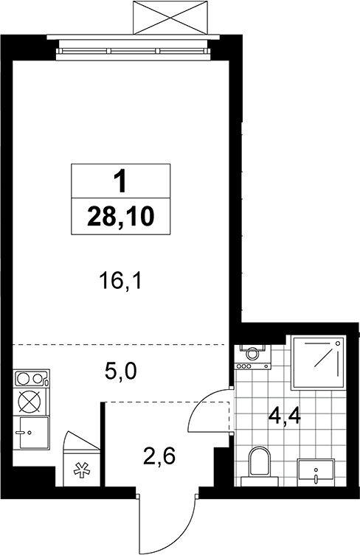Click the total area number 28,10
(x=120, y=217)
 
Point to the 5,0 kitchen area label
(x=120, y=371)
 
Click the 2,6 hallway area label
(x=159, y=456)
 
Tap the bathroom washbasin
(x=316, y=470)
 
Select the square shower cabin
(x=318, y=363)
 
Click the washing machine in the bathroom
(x=252, y=357)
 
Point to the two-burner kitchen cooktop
(x=31, y=378)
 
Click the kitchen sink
(x=31, y=433)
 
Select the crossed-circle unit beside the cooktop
(x=31, y=402)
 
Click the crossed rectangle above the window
(x=170, y=18)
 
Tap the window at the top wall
(x=134, y=51)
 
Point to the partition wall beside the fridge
(x=103, y=444)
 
